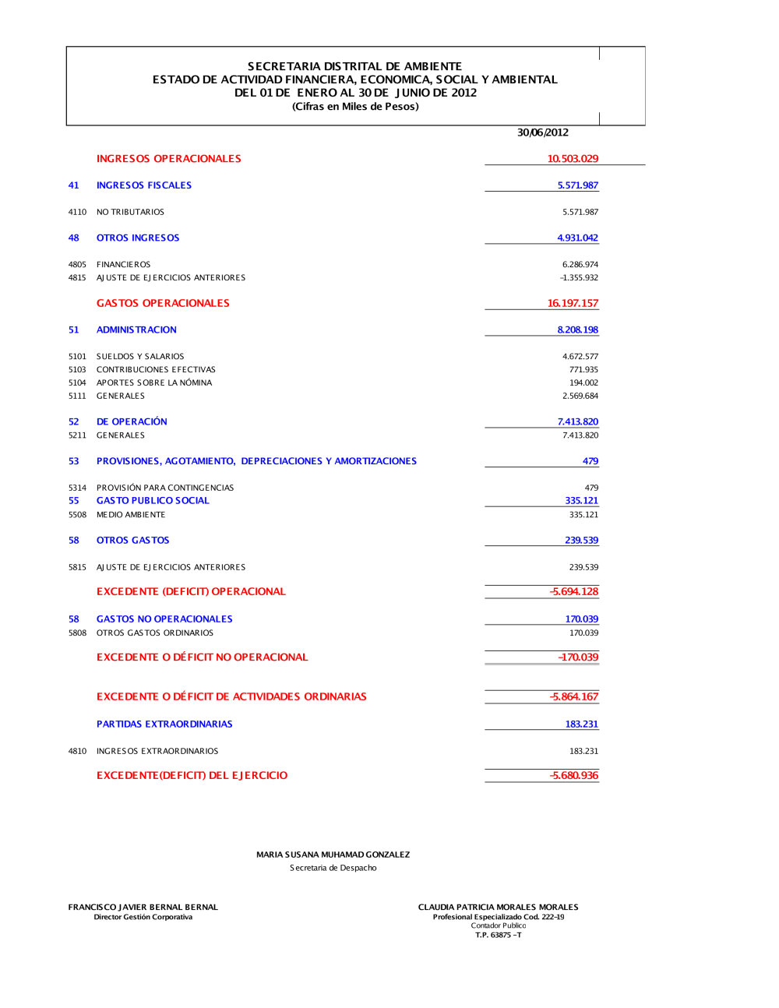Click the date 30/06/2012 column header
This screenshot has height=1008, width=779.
pos(543,132)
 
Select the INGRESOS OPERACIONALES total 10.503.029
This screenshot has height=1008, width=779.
pos(573,159)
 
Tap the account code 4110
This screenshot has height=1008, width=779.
pos(77,212)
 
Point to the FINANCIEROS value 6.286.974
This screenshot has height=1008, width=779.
pos(580,265)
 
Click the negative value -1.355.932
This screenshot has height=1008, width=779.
pos(579,278)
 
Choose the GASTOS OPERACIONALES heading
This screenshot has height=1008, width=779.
pos(163,303)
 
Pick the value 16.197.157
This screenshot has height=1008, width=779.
pos(573,303)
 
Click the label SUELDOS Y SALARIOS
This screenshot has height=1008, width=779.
pos(140,357)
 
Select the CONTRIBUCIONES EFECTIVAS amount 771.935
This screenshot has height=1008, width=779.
pos(583,370)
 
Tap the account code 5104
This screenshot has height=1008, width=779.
pos(77,383)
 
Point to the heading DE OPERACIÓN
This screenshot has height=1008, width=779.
pos(132,421)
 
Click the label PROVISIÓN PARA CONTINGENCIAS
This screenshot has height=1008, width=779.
pos(165,488)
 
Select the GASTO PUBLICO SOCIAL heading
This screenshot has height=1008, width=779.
pos(153,501)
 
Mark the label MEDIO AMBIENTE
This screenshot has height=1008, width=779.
pos(131,515)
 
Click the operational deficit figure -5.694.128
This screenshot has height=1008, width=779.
pos(574,591)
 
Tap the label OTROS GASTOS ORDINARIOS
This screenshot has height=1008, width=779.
pos(155,633)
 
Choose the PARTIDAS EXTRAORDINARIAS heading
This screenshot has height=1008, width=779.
pos(164,724)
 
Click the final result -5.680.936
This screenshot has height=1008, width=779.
pos(574,775)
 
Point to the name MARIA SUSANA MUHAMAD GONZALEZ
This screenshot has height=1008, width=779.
pos(333,855)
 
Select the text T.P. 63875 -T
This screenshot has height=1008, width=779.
pos(499,935)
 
